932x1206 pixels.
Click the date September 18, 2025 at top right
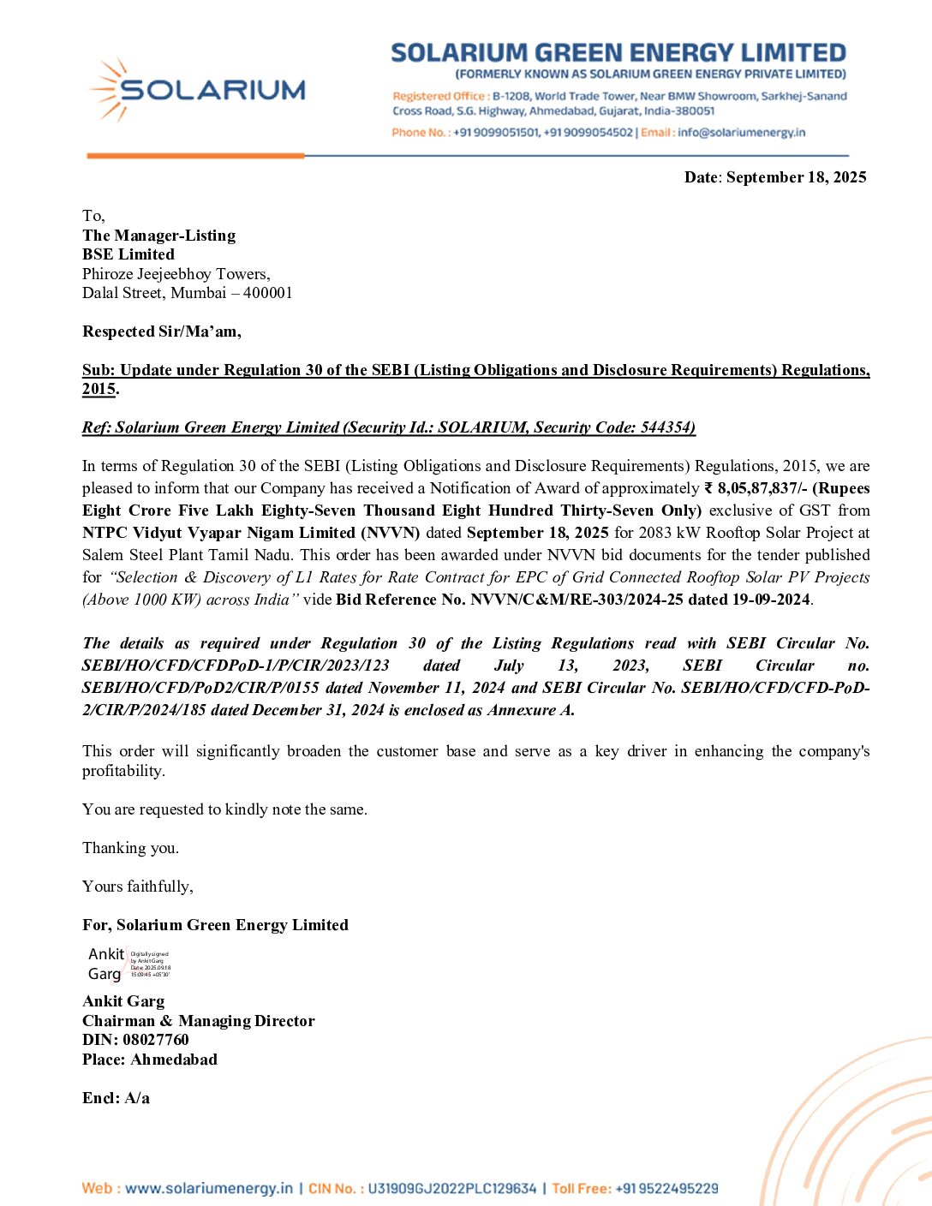pyautogui.click(x=796, y=177)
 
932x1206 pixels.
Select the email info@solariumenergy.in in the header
pyautogui.click(x=741, y=133)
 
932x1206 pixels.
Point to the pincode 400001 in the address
pyautogui.click(x=267, y=293)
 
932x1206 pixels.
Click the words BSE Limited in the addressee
pyautogui.click(x=128, y=254)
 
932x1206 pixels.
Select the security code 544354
pyautogui.click(x=666, y=427)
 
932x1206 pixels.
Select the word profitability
pyautogui.click(x=122, y=771)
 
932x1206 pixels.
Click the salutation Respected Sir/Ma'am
pyautogui.click(x=161, y=331)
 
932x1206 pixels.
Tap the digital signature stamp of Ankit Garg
pyautogui.click(x=128, y=964)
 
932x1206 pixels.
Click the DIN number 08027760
pyautogui.click(x=156, y=1040)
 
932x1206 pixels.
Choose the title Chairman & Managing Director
pyautogui.click(x=199, y=1021)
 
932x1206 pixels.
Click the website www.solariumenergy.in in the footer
pyautogui.click(x=208, y=1189)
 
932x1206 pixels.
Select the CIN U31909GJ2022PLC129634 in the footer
pyautogui.click(x=451, y=1189)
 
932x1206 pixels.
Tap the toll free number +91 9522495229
pyautogui.click(x=666, y=1189)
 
